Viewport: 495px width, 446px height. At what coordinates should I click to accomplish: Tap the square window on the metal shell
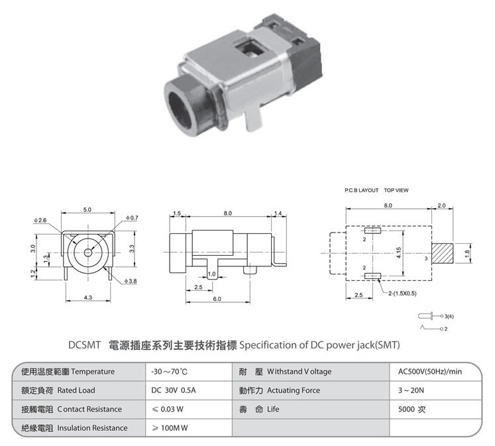coord(250,47)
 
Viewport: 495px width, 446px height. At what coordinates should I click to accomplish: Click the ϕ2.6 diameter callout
coord(40,220)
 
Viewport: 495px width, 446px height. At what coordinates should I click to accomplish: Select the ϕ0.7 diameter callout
coord(132,218)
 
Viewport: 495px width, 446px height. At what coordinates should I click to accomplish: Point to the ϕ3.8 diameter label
coord(131,281)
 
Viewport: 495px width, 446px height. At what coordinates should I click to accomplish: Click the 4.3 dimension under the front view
coord(88,298)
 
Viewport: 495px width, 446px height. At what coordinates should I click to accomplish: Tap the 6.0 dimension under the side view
coord(217,299)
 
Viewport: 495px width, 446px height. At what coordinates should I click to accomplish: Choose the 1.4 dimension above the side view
coord(278,213)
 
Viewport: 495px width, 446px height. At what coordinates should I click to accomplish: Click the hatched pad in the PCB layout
coord(442,253)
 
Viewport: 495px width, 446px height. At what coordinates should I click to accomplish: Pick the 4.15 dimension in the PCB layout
coord(399,253)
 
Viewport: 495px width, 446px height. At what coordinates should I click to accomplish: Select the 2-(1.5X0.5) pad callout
coord(402,294)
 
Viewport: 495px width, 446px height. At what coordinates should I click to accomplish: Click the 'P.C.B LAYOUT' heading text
coord(361,190)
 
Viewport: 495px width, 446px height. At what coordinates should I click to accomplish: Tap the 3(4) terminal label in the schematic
coord(449,316)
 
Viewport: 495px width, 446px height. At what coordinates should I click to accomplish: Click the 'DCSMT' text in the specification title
coord(84,345)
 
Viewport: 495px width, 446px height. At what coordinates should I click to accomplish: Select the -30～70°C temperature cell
coord(169,372)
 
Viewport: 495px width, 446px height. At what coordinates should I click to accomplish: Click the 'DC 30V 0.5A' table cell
coord(174,390)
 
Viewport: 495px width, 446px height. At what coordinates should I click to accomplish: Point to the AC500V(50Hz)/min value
coord(430,372)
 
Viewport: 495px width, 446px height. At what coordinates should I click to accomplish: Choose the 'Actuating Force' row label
coord(294,390)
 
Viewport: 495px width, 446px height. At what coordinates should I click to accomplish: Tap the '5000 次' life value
coord(412,410)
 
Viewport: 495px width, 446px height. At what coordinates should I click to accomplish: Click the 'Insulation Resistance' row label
coord(92,428)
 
